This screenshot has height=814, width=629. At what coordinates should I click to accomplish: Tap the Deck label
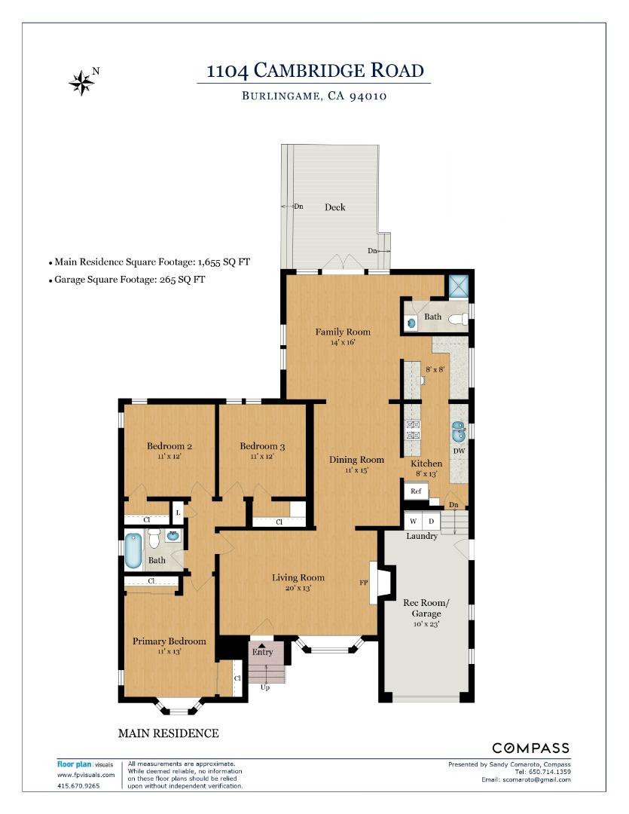point(334,207)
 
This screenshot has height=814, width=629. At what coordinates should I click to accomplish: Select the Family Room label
point(343,332)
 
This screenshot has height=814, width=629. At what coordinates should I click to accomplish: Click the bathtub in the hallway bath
point(133,551)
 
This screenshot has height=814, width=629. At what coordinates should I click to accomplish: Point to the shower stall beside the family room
point(459,286)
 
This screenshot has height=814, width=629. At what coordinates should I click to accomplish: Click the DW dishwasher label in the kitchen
point(459,451)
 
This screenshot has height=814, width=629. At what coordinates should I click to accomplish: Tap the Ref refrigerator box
point(417,491)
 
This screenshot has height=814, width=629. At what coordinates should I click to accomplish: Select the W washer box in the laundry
point(413,522)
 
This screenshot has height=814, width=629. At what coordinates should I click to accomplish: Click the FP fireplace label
point(364,583)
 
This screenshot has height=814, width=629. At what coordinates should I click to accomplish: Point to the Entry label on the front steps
point(263,652)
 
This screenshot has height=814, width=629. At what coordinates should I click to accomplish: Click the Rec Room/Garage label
point(426,608)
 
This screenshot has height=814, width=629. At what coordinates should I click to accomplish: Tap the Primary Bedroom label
point(169,641)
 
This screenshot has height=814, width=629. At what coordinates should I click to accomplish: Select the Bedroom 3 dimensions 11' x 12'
point(262,456)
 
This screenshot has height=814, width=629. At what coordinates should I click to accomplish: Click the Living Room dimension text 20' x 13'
point(298,588)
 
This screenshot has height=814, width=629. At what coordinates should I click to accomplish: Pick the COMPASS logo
point(530,748)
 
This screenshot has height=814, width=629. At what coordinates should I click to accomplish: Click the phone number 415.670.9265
point(78,785)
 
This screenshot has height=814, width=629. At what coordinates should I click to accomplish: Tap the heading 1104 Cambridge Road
point(315,70)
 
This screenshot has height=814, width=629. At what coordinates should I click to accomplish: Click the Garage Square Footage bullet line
point(127,280)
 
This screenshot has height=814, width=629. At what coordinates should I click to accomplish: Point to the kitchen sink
point(459,431)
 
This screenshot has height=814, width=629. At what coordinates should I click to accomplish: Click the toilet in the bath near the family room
point(459,319)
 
